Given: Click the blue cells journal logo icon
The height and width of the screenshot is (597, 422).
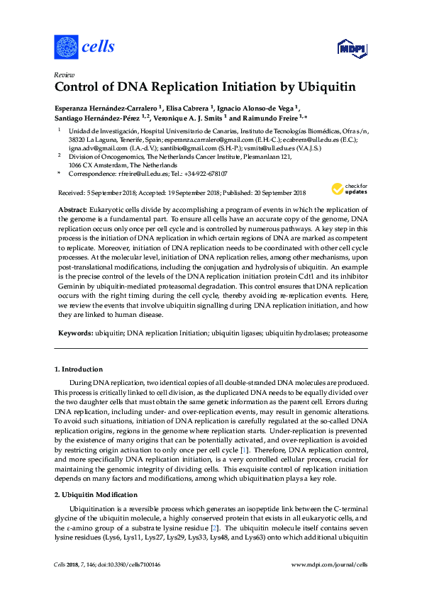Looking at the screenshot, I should tap(66, 47).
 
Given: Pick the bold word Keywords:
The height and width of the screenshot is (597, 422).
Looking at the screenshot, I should tap(73, 332).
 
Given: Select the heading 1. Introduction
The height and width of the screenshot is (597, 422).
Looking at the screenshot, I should tap(79, 369).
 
